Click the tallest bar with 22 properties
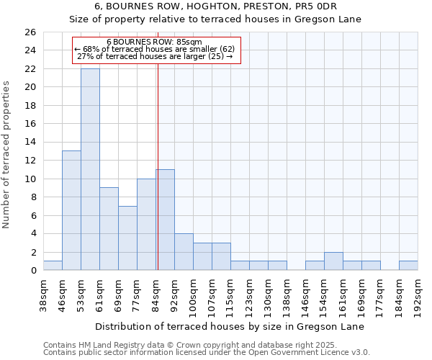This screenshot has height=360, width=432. click(x=90, y=169)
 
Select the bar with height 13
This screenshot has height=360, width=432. click(x=71, y=210)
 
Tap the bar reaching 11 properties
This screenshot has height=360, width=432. click(x=165, y=220)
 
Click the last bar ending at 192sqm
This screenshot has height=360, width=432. click(x=408, y=266)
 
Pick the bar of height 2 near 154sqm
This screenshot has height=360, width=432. click(x=333, y=261)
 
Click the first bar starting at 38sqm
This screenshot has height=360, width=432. click(x=53, y=266)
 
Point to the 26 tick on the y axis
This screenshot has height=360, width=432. click(x=30, y=32)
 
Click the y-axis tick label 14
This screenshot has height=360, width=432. click(x=30, y=143)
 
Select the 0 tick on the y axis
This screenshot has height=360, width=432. click(x=32, y=271)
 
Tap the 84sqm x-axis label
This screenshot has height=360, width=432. click(x=156, y=293)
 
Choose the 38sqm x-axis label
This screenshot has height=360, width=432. click(x=44, y=293)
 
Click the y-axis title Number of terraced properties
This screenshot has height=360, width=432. click(x=7, y=155)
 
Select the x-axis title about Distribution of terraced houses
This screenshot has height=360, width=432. click(x=230, y=327)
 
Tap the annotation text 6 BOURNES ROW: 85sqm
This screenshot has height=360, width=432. click(x=154, y=42)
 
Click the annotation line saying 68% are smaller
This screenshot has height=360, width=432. click(x=154, y=49)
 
